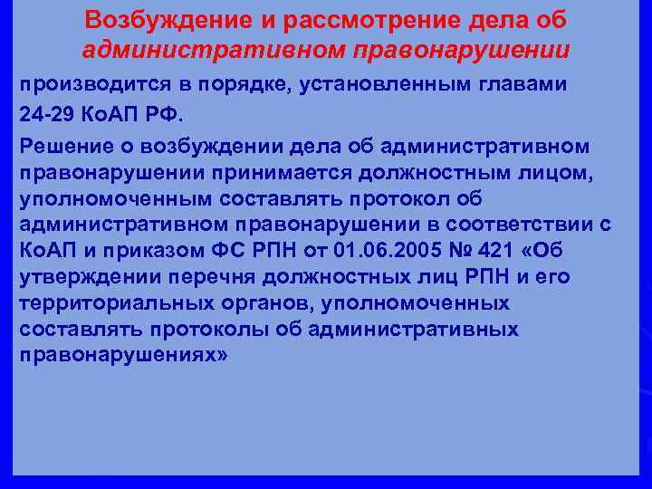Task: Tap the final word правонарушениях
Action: pos(123,354)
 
